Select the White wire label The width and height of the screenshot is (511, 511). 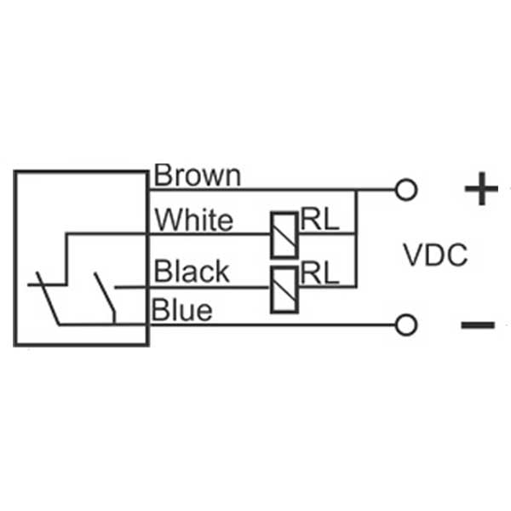coord(193,221)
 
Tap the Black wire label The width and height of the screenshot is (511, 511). coord(192,272)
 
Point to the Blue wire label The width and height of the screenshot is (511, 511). coord(182,311)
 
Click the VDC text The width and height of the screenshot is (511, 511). coord(434,255)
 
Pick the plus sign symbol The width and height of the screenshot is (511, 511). coord(480,190)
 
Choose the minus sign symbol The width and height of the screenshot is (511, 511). coord(478,324)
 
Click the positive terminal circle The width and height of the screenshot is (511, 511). coord(407,190)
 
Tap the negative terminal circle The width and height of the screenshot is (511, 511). coord(407,324)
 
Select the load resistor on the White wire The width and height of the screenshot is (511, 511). coord(284,233)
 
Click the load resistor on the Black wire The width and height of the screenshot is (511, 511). coord(284,288)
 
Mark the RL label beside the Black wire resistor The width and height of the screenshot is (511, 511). coord(319,272)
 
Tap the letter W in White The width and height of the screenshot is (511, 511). coord(166,221)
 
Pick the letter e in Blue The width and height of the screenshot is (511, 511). coord(204,312)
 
